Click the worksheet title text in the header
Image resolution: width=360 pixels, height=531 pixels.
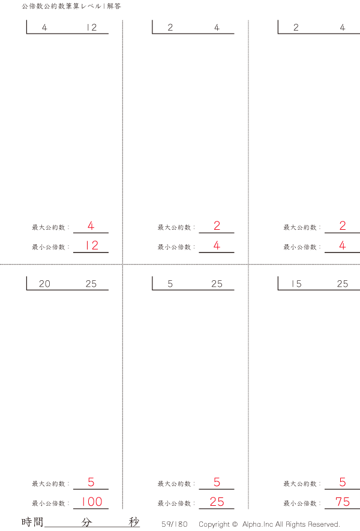[71, 6]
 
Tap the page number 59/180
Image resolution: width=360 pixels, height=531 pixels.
[175, 524]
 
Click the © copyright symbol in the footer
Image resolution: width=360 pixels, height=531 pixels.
[235, 524]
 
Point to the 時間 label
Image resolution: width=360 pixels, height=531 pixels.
[32, 522]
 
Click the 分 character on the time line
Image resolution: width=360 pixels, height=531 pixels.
[87, 522]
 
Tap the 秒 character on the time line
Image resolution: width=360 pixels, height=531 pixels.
[134, 522]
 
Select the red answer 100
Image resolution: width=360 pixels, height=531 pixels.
[91, 502]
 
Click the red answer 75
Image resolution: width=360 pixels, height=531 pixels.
[343, 502]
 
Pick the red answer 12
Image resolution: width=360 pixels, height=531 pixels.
[91, 245]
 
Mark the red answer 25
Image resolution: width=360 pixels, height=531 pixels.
[217, 502]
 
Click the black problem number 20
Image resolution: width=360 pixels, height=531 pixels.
[44, 284]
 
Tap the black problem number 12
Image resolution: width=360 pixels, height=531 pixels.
[91, 28]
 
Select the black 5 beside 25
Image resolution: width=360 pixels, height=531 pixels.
[170, 284]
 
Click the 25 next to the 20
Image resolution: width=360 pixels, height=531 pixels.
[91, 284]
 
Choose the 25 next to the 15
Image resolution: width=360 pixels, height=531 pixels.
[343, 284]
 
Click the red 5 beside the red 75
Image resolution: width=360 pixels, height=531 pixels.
[343, 482]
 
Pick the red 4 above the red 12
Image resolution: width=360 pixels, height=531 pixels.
[91, 226]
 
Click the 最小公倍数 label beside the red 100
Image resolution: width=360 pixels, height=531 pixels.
[51, 503]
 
